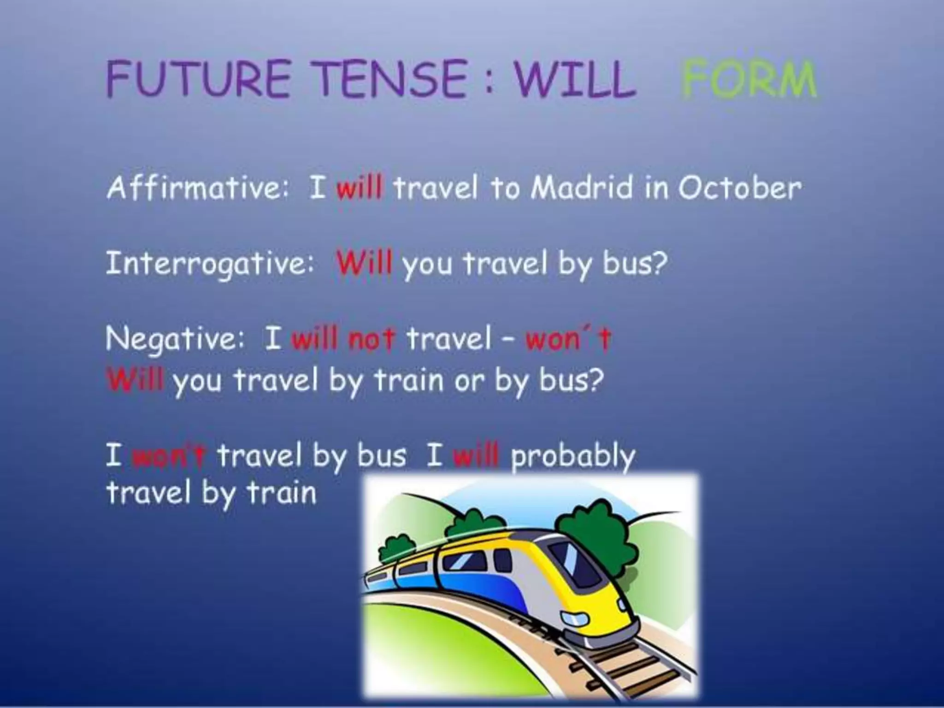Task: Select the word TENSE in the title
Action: pos(392,79)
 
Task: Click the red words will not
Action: pos(343,339)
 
